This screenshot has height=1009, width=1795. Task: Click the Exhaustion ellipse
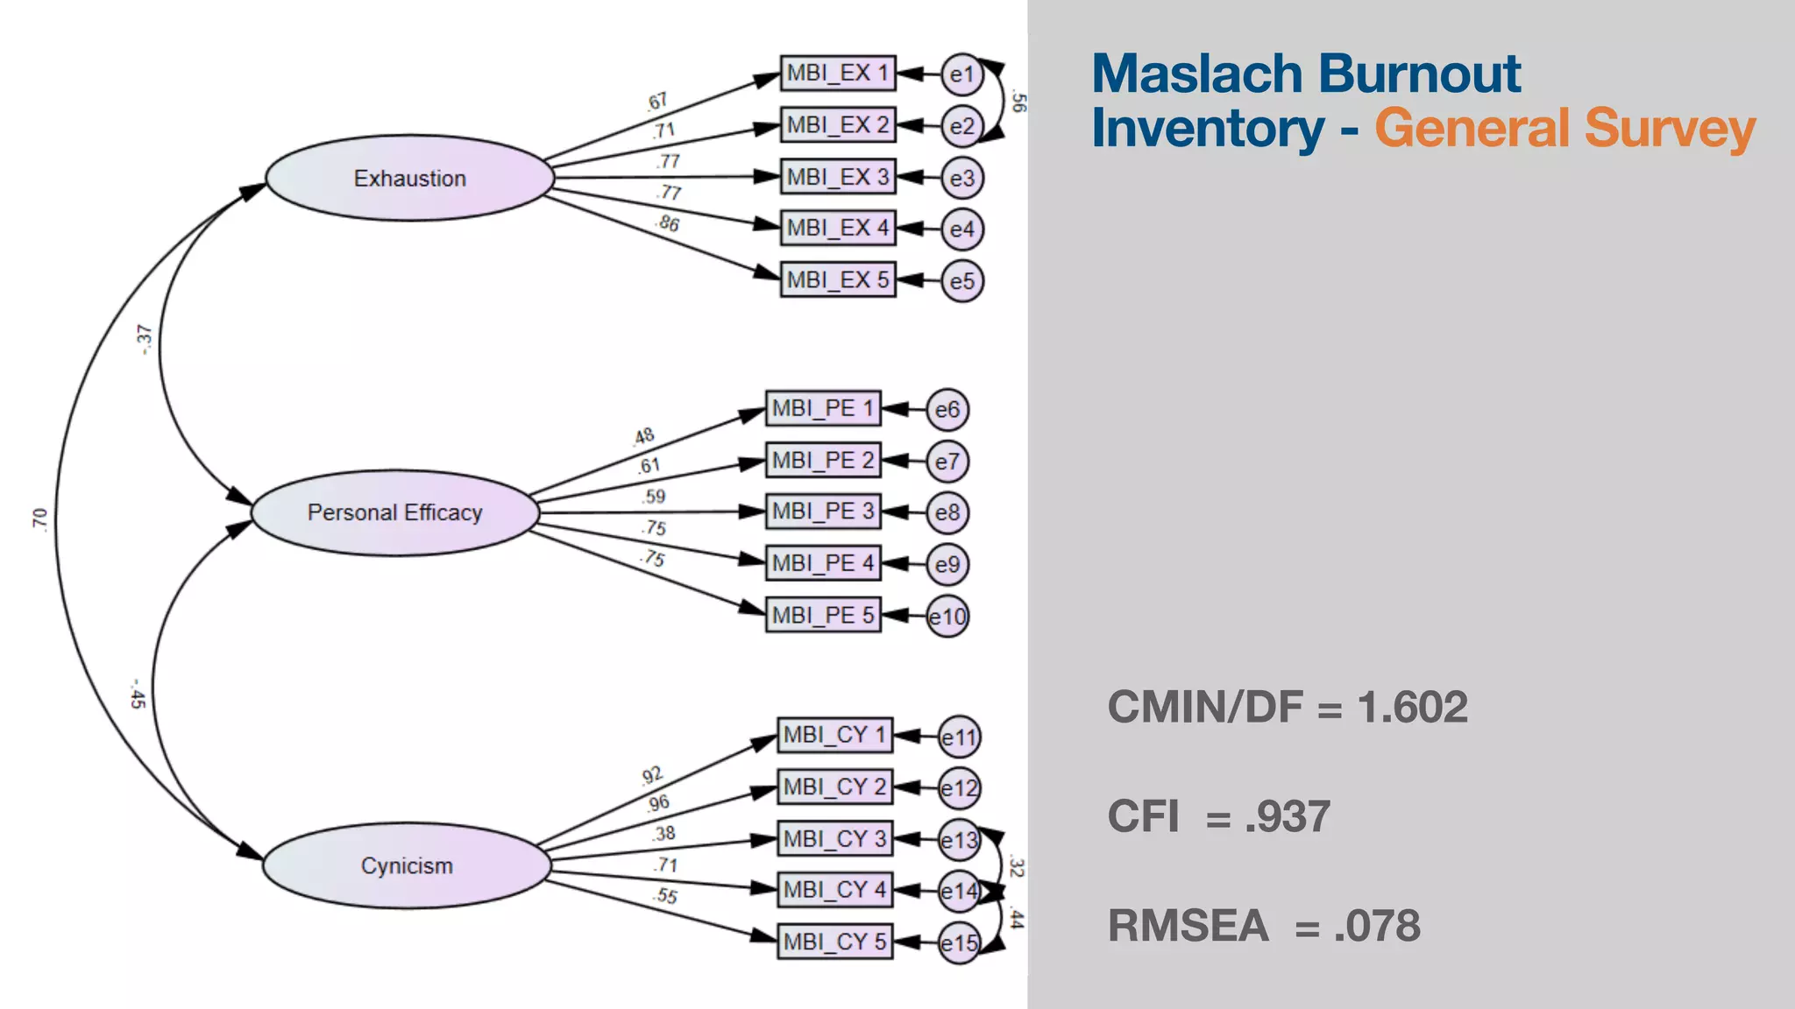tap(409, 178)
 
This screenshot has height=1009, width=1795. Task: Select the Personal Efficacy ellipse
tap(394, 512)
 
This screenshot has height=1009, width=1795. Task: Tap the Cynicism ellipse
tap(407, 865)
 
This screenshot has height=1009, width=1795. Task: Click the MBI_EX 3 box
tap(837, 177)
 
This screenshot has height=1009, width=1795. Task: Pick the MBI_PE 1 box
tap(822, 408)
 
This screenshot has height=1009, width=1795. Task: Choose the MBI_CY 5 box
tap(834, 942)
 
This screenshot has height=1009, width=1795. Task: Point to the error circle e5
tap(961, 281)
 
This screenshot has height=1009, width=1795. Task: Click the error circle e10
tap(947, 617)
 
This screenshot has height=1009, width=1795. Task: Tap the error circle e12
tap(959, 788)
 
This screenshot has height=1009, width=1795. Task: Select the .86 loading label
tap(668, 223)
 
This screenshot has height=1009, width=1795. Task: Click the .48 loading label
tap(643, 436)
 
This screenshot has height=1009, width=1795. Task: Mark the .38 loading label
tap(663, 834)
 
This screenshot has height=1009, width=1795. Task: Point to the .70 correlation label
tap(39, 519)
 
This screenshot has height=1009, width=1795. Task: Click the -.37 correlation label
tap(143, 339)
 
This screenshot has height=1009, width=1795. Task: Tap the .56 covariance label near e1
tap(1018, 101)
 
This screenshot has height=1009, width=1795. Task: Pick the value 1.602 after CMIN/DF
tap(1412, 707)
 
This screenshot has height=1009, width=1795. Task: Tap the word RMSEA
tap(1188, 926)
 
